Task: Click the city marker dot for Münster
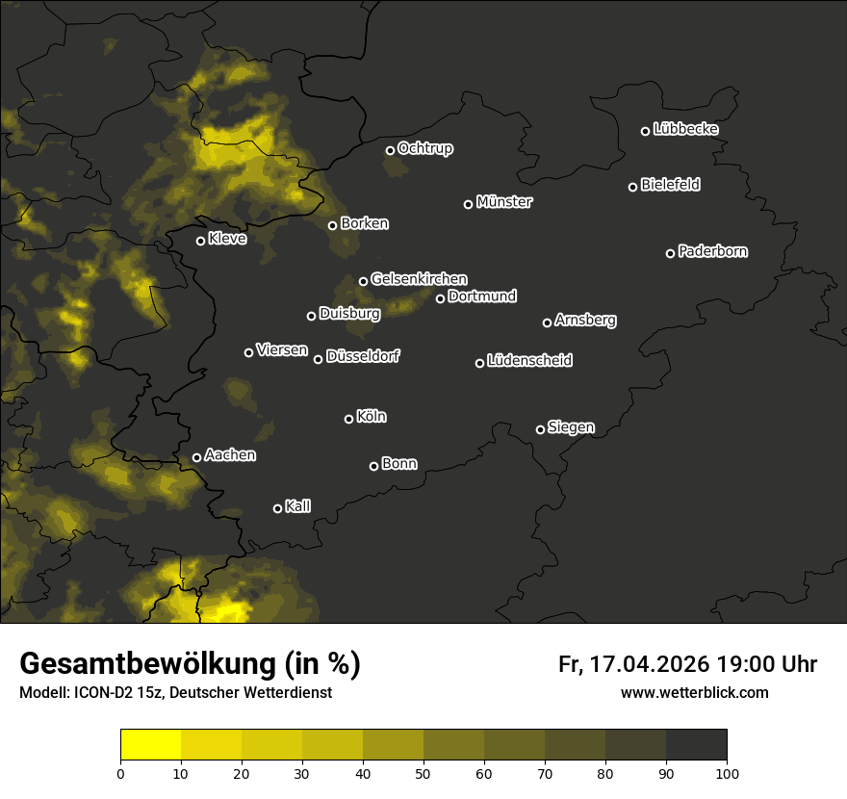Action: click(x=469, y=204)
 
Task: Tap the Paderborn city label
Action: click(x=713, y=251)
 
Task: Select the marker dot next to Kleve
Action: click(x=201, y=241)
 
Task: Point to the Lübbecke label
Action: click(x=685, y=129)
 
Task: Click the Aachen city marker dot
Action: click(x=197, y=457)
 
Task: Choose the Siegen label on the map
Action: click(x=571, y=427)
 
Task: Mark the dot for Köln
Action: click(x=349, y=419)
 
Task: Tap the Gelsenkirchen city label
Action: click(x=419, y=279)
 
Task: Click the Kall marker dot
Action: click(x=278, y=508)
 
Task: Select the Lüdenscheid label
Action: click(x=529, y=361)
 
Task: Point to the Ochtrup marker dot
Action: click(x=391, y=150)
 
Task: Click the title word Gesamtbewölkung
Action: click(x=144, y=664)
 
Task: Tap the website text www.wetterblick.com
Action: click(x=695, y=692)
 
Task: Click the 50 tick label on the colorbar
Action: click(x=423, y=773)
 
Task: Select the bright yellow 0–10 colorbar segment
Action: click(x=151, y=745)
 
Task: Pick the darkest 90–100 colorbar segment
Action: click(x=696, y=745)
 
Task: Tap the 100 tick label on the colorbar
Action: click(x=727, y=773)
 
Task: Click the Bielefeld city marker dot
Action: click(x=633, y=187)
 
